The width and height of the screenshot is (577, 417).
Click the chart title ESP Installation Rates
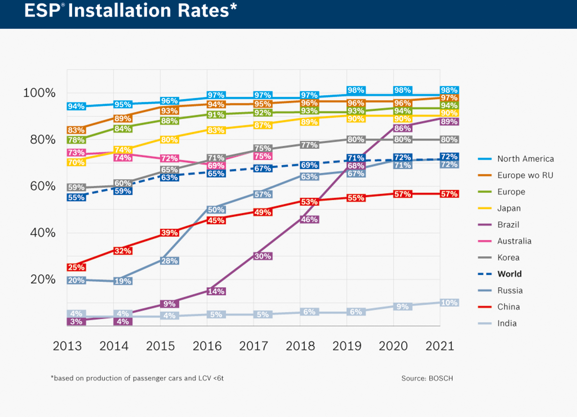pos(130,11)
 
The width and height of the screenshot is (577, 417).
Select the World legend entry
pos(509,274)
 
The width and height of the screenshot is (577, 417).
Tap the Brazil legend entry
pos(508,225)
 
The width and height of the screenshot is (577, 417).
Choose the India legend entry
pos(507,323)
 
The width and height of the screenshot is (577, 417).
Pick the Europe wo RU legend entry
pos(525,175)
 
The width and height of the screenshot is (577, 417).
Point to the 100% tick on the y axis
pos(39,93)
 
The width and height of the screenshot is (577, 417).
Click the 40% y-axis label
pos(43,233)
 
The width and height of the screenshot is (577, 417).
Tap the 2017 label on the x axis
pos(253,346)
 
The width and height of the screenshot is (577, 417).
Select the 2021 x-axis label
pos(440,346)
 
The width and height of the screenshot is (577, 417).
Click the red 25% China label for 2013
pos(76,267)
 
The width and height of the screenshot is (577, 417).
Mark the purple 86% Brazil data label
pos(402,128)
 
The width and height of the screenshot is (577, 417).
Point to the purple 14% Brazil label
pos(216,291)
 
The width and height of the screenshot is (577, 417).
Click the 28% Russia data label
pos(169,261)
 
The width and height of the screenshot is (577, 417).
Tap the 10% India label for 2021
pos(449,303)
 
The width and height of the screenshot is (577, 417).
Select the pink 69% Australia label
pos(216,166)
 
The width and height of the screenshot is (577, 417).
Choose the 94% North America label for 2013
pos(76,106)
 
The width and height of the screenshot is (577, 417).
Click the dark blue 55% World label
pos(76,197)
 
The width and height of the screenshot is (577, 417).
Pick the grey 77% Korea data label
pos(309,145)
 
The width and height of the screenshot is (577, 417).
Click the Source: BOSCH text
pos(427,378)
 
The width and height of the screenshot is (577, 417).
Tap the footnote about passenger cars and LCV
pos(137,378)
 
